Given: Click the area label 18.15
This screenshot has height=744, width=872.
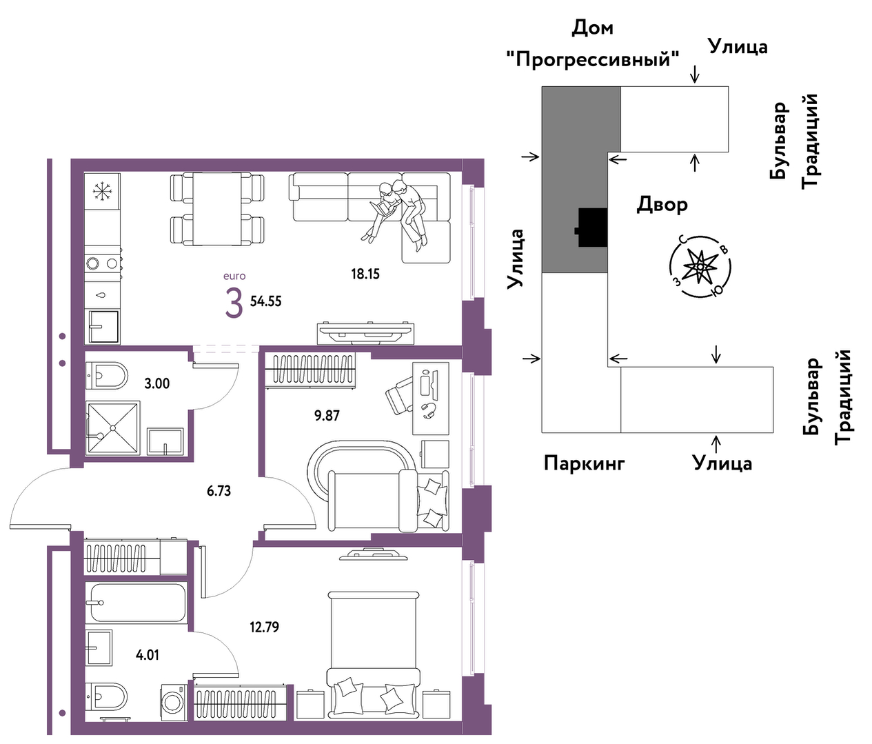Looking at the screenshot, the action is (365, 274).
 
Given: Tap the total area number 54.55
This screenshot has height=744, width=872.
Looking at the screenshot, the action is (266, 301).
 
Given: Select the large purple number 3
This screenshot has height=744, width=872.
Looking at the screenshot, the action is (234, 302).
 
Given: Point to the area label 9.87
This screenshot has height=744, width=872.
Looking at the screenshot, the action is (327, 416).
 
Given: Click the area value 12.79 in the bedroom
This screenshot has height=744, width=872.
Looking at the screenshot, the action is (264, 627).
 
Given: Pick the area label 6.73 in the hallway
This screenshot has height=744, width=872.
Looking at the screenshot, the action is (219, 491).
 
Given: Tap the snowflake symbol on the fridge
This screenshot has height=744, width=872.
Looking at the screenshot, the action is (103, 191).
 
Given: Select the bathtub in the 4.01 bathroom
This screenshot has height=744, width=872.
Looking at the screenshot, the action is (136, 603).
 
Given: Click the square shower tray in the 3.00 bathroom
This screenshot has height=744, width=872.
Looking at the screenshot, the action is (112, 428).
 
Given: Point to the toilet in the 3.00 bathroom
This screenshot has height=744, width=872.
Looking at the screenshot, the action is (106, 375).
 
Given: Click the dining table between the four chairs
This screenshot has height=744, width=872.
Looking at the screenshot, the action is (217, 208).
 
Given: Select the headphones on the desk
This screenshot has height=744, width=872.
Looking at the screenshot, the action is (429, 410).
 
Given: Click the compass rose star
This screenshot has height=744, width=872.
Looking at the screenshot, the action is (700, 267).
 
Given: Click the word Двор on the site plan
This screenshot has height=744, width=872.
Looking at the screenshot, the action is (662, 205).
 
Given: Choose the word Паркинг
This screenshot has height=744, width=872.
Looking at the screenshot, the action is (584, 463).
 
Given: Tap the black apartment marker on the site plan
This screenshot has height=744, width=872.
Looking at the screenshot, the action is (592, 228).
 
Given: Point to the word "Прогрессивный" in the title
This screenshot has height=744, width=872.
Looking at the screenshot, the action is (592, 60).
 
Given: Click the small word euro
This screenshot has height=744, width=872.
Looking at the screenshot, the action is (234, 277).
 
